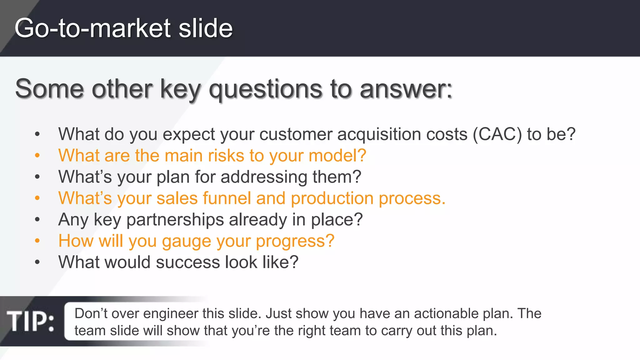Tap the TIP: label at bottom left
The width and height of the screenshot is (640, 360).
(31, 321)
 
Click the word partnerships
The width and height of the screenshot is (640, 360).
(175, 219)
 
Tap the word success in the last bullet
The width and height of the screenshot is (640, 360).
(187, 262)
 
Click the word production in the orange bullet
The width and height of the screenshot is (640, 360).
(332, 198)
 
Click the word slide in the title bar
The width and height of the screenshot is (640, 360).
(205, 28)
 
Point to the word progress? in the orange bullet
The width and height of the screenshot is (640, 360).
(295, 241)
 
